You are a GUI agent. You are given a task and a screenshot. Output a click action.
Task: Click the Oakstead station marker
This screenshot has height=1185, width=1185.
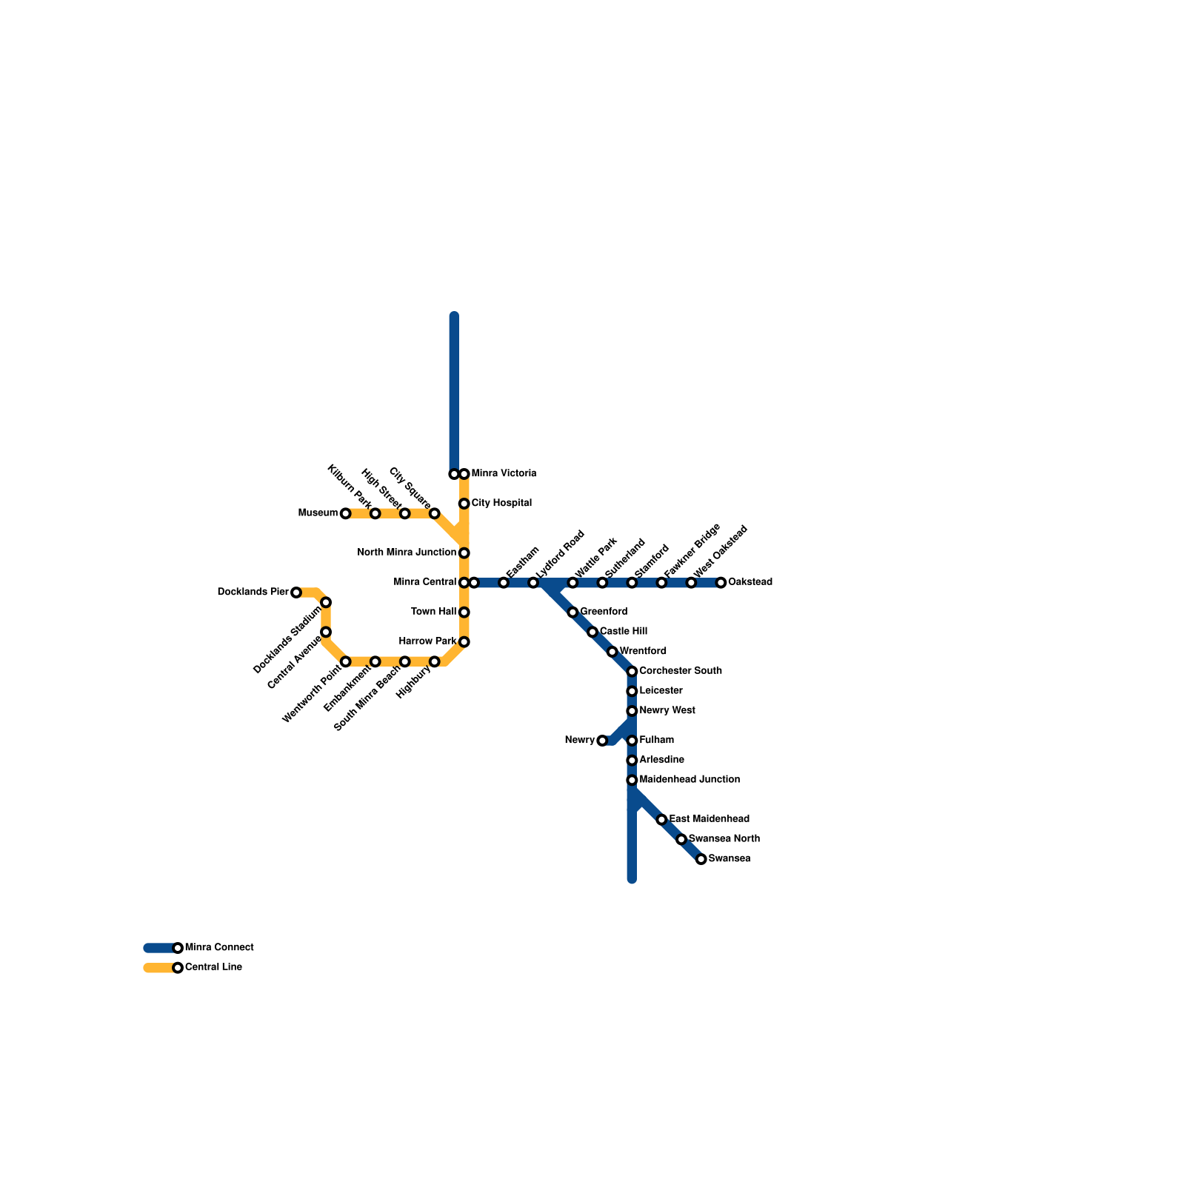[x=721, y=583]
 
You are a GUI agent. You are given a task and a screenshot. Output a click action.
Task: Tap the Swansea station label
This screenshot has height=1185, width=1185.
[x=729, y=859]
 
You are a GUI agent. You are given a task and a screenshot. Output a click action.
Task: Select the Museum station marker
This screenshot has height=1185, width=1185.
[x=345, y=513]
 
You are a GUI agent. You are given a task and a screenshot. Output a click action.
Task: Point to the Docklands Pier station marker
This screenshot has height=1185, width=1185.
[x=296, y=592]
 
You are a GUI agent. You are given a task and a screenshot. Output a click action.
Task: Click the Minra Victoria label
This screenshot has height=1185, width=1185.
[x=504, y=474]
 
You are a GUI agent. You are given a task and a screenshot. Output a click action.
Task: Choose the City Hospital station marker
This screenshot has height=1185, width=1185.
[x=464, y=504]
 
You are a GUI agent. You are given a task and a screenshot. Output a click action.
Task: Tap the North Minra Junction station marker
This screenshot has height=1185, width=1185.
[x=464, y=553]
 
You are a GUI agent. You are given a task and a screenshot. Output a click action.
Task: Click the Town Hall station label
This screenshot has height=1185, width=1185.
[x=433, y=612]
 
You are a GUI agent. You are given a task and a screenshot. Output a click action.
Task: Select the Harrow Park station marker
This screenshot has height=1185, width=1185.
[x=464, y=641]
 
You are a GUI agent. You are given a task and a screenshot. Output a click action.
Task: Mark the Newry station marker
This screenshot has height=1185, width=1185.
[x=602, y=741]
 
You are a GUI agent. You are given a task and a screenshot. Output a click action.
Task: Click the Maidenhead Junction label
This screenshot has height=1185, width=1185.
[x=689, y=780]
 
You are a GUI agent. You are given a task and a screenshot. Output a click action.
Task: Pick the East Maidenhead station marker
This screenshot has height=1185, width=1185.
[x=661, y=820]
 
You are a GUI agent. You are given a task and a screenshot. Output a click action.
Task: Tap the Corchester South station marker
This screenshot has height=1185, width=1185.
[x=632, y=672]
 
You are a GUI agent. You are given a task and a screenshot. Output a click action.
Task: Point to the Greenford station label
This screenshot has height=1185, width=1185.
[x=603, y=612]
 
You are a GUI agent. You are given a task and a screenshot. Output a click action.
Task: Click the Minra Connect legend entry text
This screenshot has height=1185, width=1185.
[x=219, y=948]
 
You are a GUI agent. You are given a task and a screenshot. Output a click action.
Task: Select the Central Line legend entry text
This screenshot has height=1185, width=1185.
[x=213, y=967]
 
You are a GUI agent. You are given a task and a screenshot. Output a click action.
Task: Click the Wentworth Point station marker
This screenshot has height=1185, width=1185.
[x=345, y=661]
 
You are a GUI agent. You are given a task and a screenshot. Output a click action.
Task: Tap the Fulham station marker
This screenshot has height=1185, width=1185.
[x=632, y=741]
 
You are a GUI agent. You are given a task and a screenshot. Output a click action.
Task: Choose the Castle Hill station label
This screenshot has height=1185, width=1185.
[x=623, y=632]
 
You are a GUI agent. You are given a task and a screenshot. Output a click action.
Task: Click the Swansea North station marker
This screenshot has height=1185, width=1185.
[x=681, y=839]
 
